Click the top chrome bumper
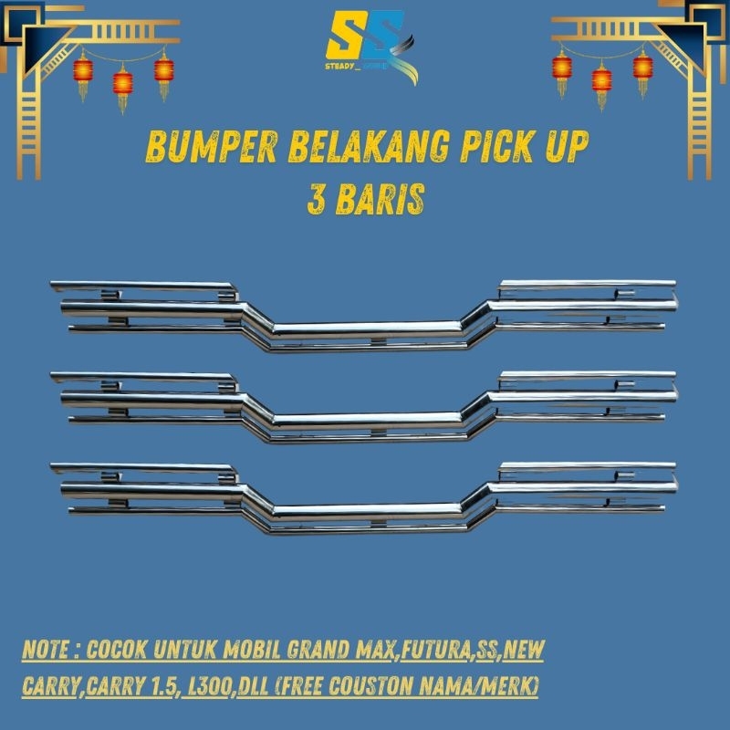(x=365, y=315)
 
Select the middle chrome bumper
(x=365, y=406)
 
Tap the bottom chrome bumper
(x=365, y=497)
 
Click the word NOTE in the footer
(x=47, y=653)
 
